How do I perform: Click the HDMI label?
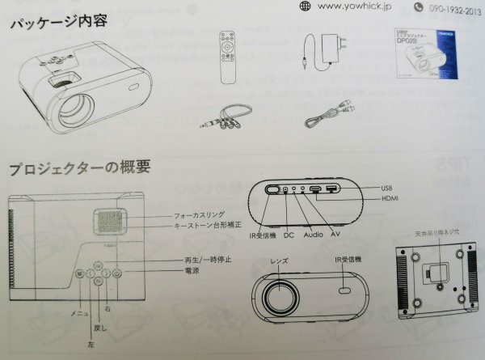[390, 200]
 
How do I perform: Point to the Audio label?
[314, 235]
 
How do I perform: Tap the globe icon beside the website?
[304, 6]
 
